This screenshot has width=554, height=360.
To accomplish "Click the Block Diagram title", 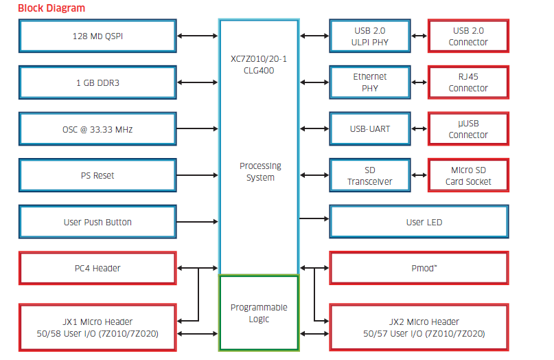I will (x=51, y=8).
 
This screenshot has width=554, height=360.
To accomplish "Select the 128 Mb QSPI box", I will (x=97, y=36).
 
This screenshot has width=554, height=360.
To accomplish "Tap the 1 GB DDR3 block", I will (x=97, y=82).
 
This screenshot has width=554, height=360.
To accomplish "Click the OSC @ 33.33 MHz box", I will (x=97, y=129).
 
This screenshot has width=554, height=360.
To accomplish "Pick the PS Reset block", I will (x=97, y=175).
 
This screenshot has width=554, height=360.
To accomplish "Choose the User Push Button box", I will (x=97, y=222).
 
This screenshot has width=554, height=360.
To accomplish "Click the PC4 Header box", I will (x=97, y=268).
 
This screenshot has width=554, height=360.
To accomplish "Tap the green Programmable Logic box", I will (x=259, y=313).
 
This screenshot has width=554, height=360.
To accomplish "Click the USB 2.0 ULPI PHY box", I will (x=370, y=36).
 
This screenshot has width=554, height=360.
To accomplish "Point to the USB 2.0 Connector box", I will (x=468, y=36).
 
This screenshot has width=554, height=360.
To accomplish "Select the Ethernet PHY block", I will (x=370, y=82).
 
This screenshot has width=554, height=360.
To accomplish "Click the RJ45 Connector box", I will (x=468, y=82).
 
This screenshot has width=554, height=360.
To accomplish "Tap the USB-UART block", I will (x=370, y=128).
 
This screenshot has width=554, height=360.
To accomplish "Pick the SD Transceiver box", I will (x=370, y=175).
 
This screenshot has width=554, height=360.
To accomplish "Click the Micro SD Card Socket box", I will (x=468, y=175).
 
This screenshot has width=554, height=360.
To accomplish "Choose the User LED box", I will (x=419, y=222).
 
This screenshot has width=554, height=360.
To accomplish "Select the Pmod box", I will (x=419, y=268).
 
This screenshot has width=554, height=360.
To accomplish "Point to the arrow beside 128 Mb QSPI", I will (x=198, y=36).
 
